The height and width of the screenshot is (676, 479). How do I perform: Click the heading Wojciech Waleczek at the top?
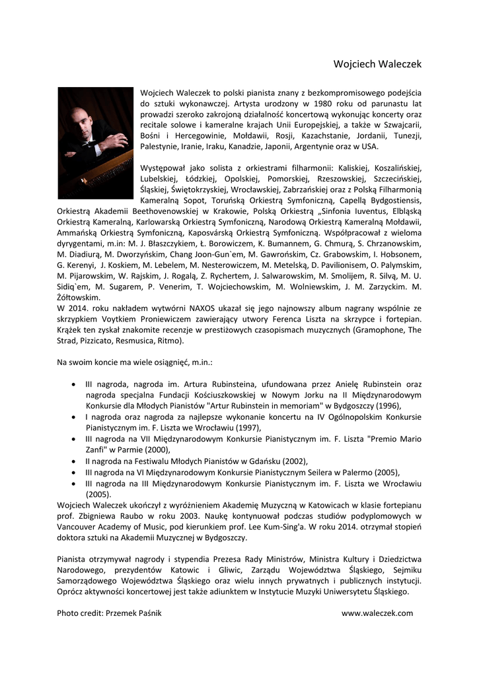point(377,64)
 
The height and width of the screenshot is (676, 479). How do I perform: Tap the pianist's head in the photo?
point(81,118)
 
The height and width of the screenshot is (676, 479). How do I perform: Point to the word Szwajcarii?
point(398,125)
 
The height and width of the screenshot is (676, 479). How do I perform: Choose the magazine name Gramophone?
point(379,329)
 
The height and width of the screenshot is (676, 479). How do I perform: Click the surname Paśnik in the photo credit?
point(147,613)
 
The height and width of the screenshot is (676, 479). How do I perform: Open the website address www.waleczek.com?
point(377,613)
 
